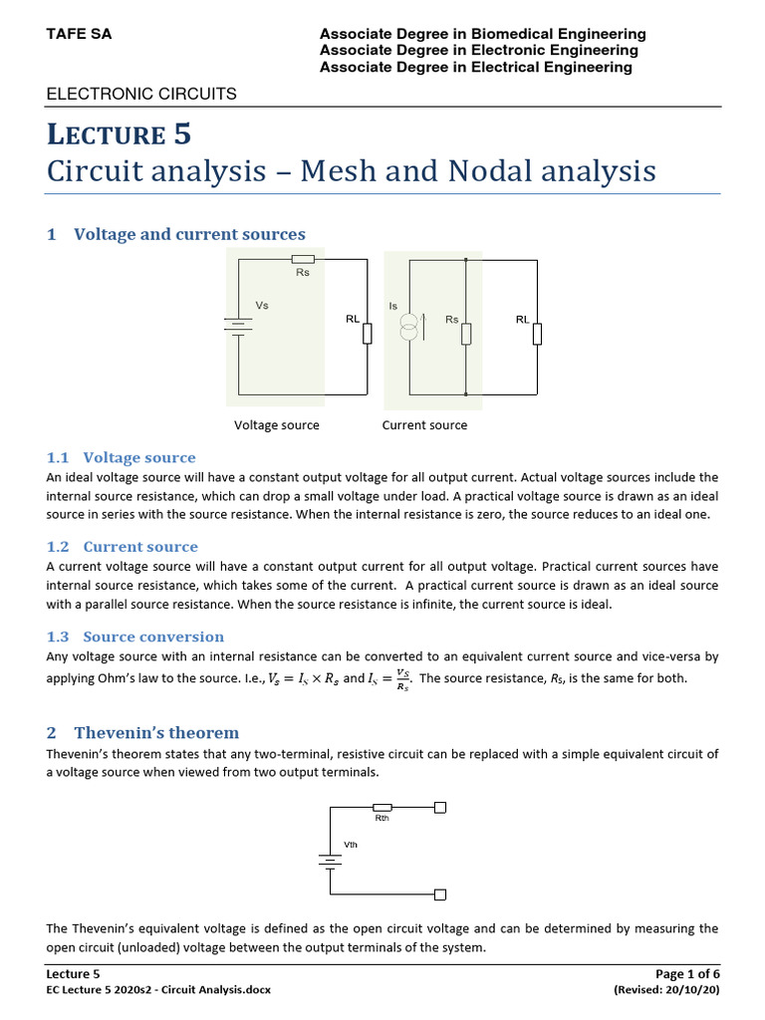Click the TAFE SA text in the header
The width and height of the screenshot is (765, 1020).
click(x=80, y=34)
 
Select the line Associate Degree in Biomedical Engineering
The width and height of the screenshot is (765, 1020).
click(x=482, y=34)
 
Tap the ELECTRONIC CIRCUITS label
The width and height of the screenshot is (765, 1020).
click(x=141, y=94)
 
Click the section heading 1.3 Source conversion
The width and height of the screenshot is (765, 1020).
click(x=135, y=637)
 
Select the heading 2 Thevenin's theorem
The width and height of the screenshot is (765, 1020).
click(x=143, y=732)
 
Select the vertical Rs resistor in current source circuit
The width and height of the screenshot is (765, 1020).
click(x=466, y=333)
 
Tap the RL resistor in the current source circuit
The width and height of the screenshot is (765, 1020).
click(x=538, y=333)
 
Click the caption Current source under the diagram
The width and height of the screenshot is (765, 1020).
click(x=424, y=425)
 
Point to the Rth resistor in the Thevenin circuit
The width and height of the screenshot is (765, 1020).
click(x=382, y=808)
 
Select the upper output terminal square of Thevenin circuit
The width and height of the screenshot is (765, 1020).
click(x=440, y=808)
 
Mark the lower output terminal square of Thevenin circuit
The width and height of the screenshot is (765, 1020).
click(x=440, y=893)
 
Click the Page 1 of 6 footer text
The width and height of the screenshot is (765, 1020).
click(x=686, y=973)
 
